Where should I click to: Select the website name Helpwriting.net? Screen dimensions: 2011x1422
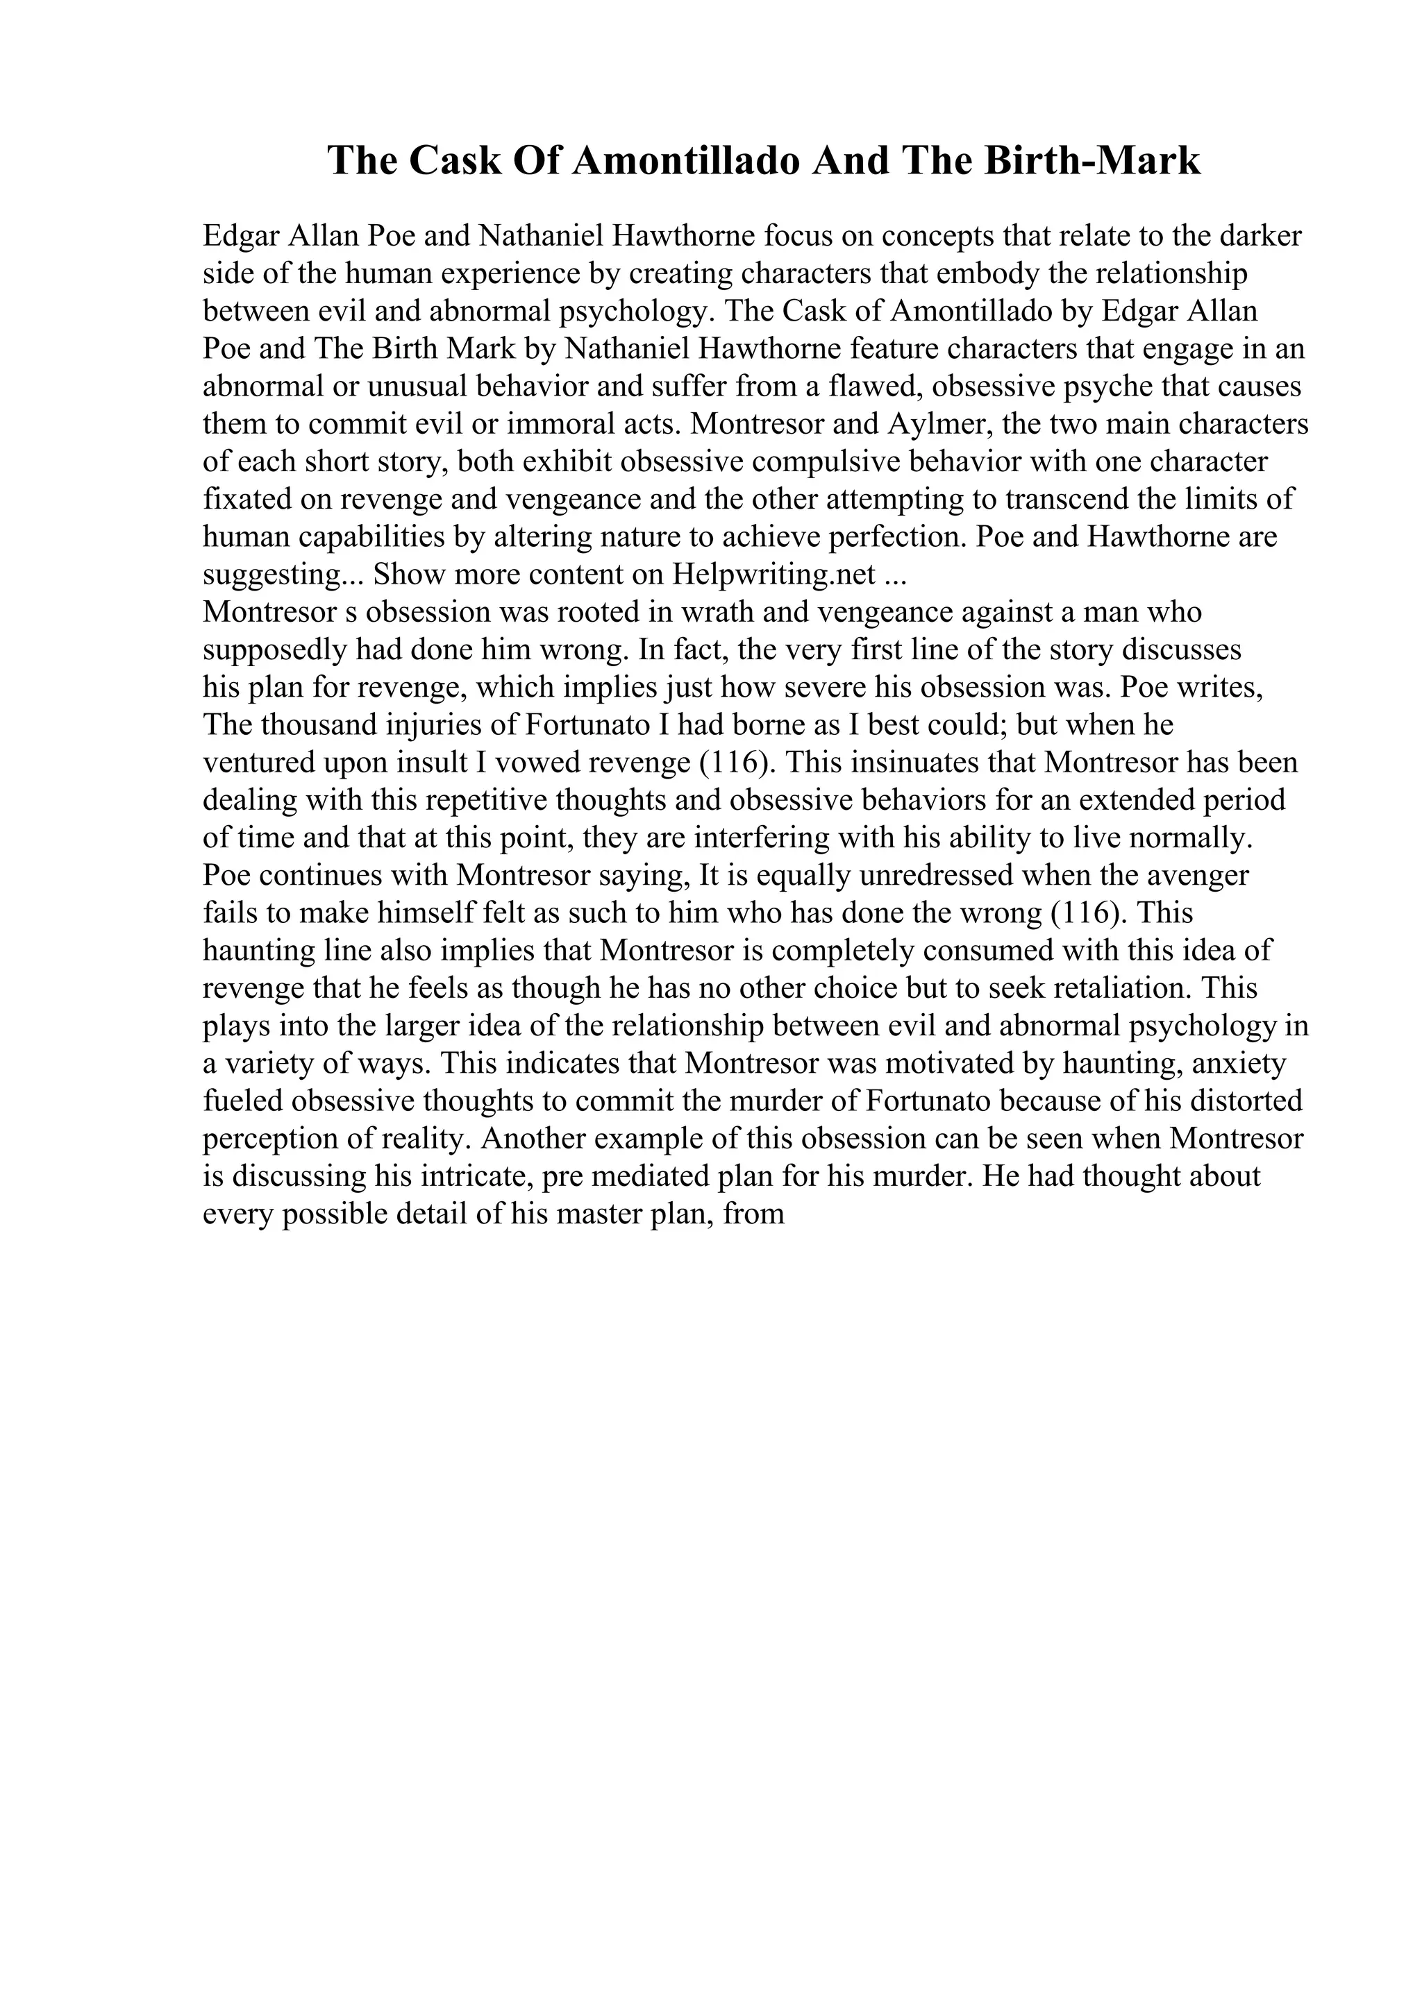pos(774,575)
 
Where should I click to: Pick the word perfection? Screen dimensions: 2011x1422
pos(889,537)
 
